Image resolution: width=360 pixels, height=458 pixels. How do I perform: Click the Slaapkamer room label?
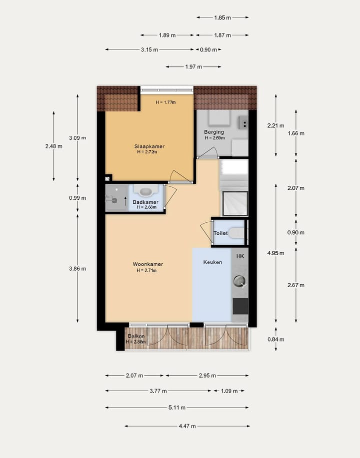[149, 146]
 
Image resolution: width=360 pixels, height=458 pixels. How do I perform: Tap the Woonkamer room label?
[147, 264]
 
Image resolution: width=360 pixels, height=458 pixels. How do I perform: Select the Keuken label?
[212, 262]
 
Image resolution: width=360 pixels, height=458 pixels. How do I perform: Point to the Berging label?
[214, 132]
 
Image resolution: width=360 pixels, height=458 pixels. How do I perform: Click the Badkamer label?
[145, 202]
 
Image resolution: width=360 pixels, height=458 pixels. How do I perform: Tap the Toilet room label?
[220, 233]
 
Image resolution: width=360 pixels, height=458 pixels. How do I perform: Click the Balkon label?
[136, 336]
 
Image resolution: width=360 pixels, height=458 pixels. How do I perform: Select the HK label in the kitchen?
[240, 256]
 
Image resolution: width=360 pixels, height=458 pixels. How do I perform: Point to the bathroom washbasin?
[146, 191]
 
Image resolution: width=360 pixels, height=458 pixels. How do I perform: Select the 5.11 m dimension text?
[177, 408]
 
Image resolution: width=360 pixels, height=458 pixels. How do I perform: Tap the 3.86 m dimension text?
[77, 268]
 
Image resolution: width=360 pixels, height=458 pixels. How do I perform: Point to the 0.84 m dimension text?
[276, 339]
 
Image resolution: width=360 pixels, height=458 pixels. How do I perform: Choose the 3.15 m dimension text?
[149, 49]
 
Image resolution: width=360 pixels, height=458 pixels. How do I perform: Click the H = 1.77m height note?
[165, 102]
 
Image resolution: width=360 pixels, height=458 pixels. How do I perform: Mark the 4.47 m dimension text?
[187, 426]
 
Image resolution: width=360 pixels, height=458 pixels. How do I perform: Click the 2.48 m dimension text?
[53, 146]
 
